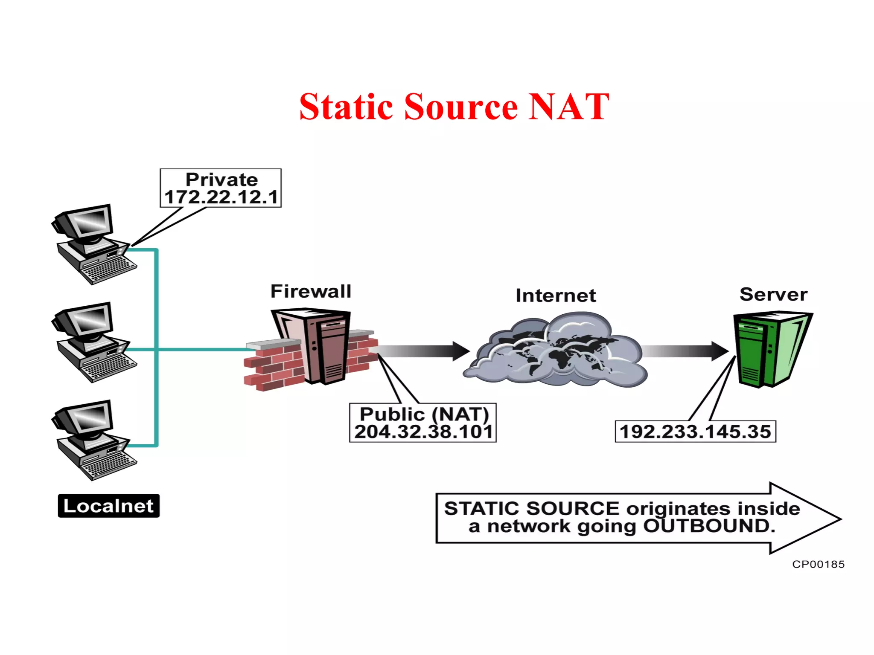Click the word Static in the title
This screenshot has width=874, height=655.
346,107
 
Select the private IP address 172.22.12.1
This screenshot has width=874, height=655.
221,197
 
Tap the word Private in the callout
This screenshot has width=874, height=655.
221,180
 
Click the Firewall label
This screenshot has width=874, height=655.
311,292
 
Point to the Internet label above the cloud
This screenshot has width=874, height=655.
556,296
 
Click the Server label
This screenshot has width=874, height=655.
773,294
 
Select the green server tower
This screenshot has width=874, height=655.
770,350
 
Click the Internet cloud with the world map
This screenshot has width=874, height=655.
555,352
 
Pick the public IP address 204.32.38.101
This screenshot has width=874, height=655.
423,432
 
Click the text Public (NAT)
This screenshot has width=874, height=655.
424,414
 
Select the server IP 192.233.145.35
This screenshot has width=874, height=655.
695,432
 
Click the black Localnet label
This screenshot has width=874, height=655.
108,506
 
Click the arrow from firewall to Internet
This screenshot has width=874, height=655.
422,351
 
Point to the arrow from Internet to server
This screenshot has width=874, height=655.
685,351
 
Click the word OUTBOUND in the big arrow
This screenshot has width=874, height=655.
708,526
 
